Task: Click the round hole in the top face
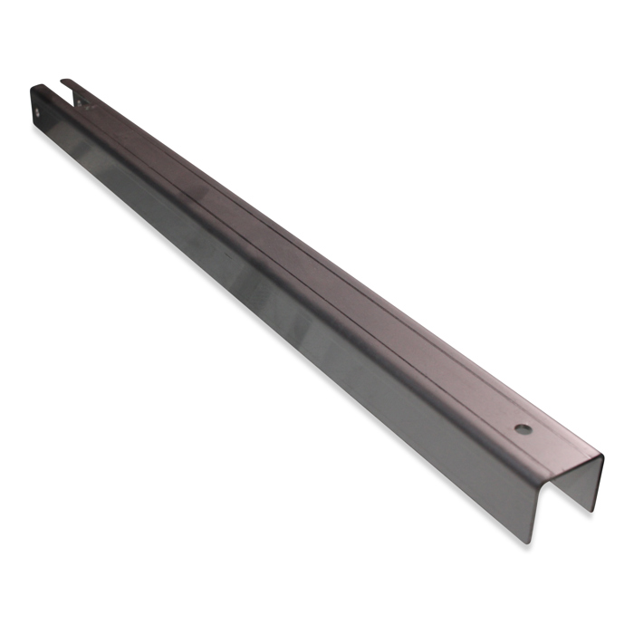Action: click(x=524, y=426)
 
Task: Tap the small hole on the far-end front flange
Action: click(x=38, y=113)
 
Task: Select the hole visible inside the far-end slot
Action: click(x=80, y=103)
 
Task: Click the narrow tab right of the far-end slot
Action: click(x=74, y=88)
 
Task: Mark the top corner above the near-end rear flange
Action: click(x=600, y=455)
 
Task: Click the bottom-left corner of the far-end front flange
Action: click(x=36, y=127)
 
